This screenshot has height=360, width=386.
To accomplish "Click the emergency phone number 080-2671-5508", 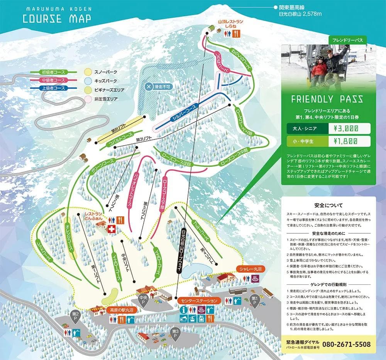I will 346,344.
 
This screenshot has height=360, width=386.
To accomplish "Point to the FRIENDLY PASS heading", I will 327,99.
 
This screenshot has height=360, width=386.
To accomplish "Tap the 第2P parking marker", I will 75,315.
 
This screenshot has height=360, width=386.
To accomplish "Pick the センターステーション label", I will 196,300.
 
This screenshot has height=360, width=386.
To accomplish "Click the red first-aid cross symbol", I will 112,229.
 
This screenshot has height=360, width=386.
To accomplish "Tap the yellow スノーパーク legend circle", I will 88,72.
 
